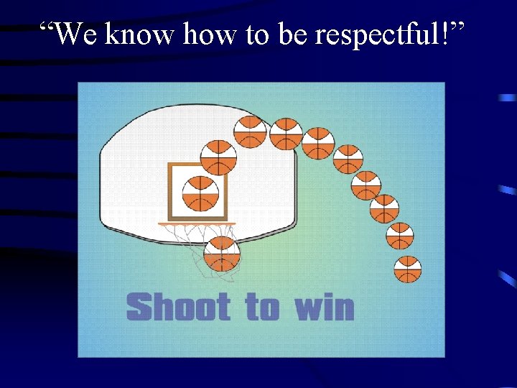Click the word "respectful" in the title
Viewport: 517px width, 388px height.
(x=378, y=34)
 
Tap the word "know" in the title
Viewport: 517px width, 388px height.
(x=141, y=33)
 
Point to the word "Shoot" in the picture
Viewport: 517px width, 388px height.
(x=178, y=307)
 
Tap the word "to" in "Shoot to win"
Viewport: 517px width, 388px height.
(x=262, y=308)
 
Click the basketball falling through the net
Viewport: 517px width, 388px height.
(x=222, y=254)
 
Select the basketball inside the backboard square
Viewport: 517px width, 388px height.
(x=200, y=193)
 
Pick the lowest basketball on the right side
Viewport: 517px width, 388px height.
(x=407, y=269)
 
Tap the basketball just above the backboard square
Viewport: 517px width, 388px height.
(x=218, y=157)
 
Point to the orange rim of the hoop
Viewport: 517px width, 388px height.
(x=197, y=224)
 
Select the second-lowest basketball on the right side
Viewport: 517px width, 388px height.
(x=400, y=236)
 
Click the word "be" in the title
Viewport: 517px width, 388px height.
(x=293, y=33)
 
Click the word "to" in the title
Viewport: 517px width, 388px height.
(x=257, y=34)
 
